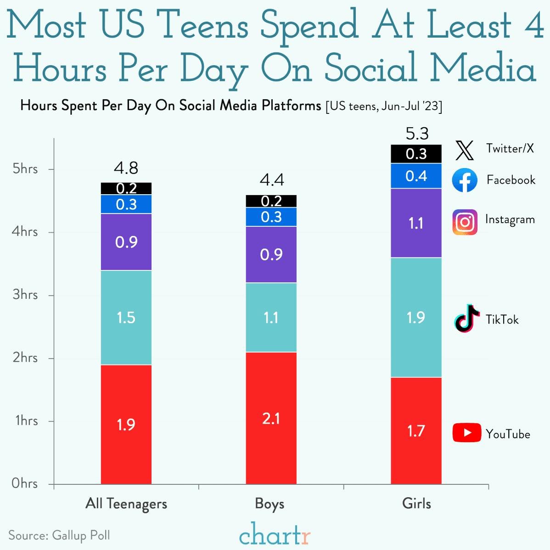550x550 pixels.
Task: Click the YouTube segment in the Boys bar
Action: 271,418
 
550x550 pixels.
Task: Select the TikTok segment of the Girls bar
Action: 416,317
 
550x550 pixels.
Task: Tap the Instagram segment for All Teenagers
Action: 126,242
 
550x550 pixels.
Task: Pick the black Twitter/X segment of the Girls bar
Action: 416,154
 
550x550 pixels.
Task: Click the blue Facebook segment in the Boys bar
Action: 271,217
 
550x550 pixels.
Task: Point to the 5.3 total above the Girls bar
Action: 417,134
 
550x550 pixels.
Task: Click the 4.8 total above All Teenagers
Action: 126,168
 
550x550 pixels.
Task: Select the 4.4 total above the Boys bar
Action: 272,180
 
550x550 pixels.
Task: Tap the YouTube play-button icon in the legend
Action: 466,432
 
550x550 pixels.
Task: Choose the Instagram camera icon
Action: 465,222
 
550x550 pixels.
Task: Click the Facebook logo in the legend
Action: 465,180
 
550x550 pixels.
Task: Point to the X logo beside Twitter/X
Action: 465,150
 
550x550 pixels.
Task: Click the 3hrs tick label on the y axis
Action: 25,294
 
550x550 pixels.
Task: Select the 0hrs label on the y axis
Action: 25,483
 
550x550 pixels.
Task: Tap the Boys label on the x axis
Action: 270,504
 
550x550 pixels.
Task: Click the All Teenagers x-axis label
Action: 126,504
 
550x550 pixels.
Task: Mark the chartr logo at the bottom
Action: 275,533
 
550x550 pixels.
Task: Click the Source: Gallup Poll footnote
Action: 59,535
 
